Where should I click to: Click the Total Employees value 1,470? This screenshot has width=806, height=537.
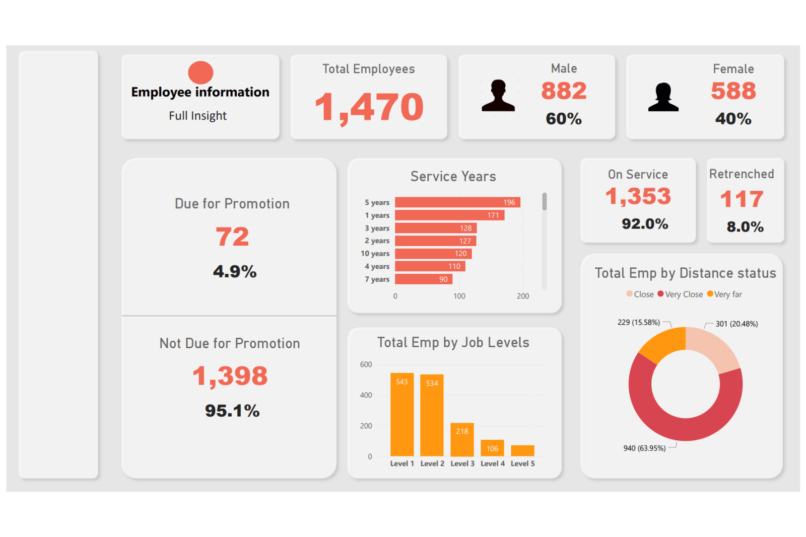click(x=369, y=107)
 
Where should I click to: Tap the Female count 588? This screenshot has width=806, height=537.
click(x=733, y=91)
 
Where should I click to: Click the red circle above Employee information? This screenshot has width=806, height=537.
click(x=200, y=72)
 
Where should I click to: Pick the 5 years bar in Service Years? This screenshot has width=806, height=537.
click(x=457, y=202)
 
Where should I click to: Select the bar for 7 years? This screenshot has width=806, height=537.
click(x=423, y=279)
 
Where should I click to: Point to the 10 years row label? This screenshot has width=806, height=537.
click(x=375, y=254)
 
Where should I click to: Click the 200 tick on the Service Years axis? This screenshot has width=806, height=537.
click(x=523, y=296)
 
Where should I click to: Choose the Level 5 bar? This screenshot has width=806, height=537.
click(x=522, y=450)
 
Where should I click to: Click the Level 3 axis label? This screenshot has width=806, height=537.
click(x=462, y=464)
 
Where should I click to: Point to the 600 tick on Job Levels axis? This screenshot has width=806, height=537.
click(x=366, y=364)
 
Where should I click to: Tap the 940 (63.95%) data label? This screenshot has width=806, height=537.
click(x=644, y=448)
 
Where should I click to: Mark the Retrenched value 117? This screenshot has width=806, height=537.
click(x=742, y=199)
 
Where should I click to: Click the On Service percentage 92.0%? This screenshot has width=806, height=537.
click(x=645, y=224)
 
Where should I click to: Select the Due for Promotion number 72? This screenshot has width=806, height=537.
click(x=232, y=237)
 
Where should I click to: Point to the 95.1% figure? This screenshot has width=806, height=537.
click(x=232, y=411)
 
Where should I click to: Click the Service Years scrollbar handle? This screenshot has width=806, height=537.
click(x=545, y=201)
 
